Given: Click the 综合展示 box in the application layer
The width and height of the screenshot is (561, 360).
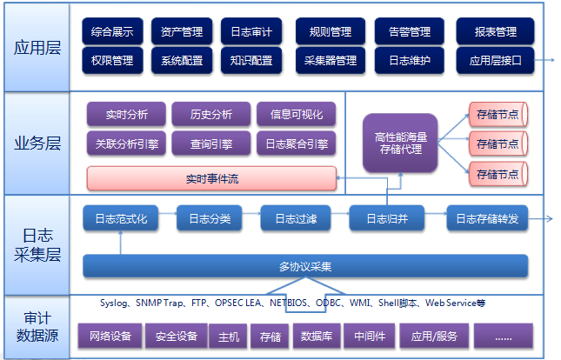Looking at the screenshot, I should point(112,32).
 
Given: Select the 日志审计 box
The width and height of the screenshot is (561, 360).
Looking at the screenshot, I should point(251,32).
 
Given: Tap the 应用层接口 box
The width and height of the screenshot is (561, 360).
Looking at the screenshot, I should point(495,61).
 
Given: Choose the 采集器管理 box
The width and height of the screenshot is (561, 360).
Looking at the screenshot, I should point(331,61).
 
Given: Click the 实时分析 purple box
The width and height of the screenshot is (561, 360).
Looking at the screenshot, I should point(127,115).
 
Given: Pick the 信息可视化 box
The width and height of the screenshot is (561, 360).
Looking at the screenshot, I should point(297,115).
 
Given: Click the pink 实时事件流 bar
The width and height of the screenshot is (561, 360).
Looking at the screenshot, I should point(211,179).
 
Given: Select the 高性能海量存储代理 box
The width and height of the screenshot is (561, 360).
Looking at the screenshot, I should point(400,143).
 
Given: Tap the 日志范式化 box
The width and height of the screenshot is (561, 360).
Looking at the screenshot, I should point(121,219).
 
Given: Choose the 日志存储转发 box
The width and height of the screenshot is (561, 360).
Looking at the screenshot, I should point(487,219).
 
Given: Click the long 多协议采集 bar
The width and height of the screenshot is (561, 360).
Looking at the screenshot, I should point(305,266).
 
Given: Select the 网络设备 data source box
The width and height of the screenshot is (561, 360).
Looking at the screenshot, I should point(109,335).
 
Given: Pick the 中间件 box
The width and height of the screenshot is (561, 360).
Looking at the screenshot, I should point(370,335).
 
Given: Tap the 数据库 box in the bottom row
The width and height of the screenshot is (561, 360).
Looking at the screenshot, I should point(314,335).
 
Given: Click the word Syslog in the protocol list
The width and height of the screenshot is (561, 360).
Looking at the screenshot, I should point(114,303).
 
